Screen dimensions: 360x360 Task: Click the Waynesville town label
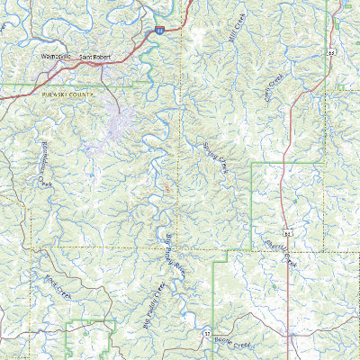pos(56,59)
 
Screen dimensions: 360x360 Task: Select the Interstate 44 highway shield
pos(158,31)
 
